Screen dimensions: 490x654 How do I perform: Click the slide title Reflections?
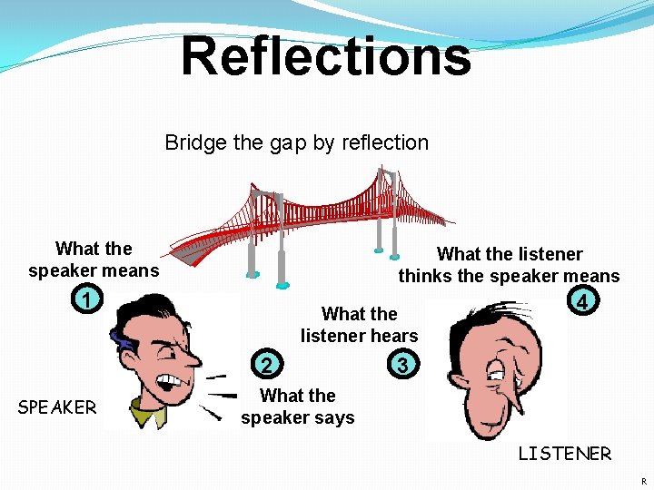pos(326,56)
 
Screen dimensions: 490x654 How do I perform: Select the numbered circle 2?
pos(265,365)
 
